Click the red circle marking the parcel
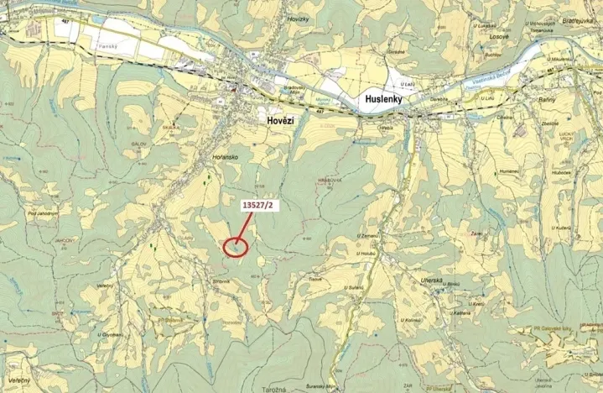pos(237,246)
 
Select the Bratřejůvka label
pos(579,19)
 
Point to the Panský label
pos(107,47)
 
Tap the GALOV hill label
pos(139,144)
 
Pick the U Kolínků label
pos(411,320)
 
